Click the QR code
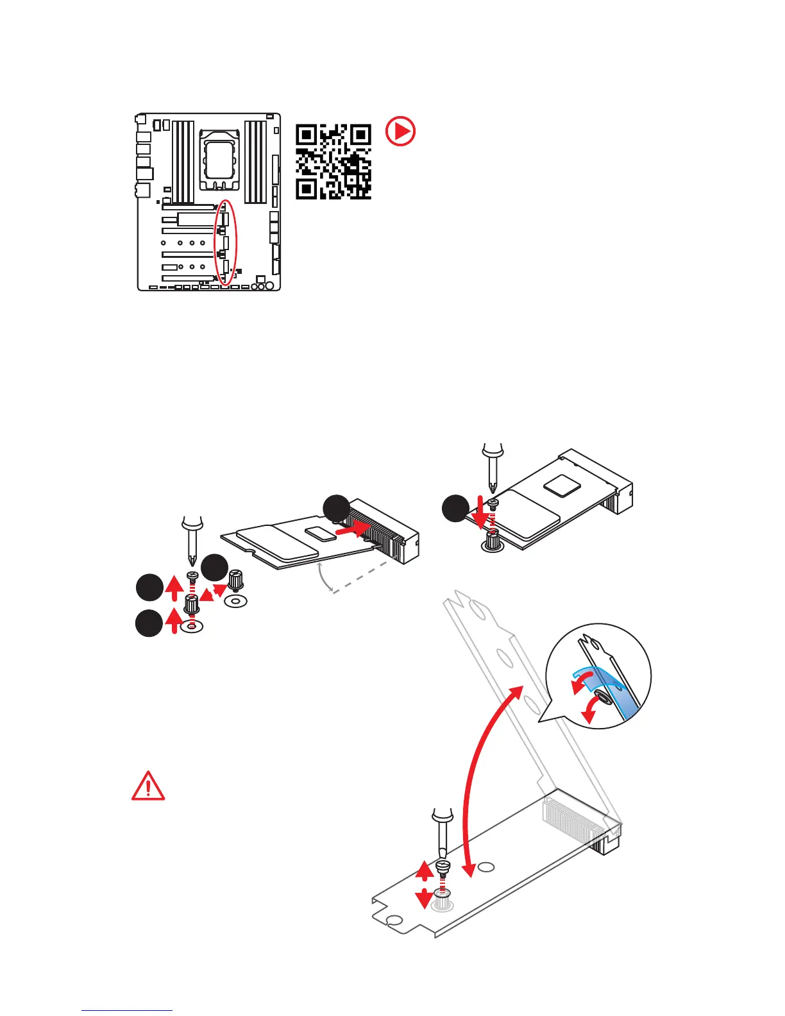pos(333,162)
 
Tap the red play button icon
pos(400,132)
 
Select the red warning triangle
pos(148,786)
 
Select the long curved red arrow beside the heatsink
pos(487,776)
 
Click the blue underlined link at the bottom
pos(127,1010)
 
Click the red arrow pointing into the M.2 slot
pos(353,529)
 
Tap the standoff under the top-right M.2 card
pos(492,543)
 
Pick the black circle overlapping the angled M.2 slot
pos(336,509)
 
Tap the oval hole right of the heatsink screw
pos(487,867)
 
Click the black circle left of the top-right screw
pos(456,509)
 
